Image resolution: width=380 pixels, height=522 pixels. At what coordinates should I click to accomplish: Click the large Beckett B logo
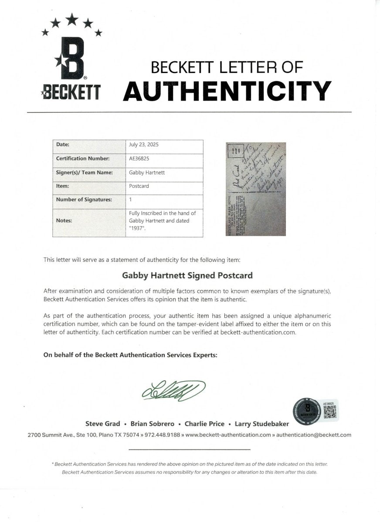[x=72, y=58]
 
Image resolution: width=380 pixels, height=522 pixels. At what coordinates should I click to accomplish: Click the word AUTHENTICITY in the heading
[x=227, y=90]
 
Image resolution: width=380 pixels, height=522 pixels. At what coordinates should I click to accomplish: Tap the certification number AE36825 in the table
[x=139, y=159]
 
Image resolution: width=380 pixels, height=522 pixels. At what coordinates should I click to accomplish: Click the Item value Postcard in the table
[x=139, y=186]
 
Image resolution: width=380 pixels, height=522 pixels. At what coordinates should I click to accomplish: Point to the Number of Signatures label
[x=84, y=200]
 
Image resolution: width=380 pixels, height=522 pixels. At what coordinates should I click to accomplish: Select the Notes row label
[x=64, y=221]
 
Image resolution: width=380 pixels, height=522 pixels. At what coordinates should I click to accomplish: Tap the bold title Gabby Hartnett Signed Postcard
[x=187, y=275]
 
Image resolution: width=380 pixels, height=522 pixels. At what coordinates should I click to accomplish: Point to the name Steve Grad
[x=102, y=424]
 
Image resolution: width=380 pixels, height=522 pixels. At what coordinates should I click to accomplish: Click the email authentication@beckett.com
[x=314, y=435]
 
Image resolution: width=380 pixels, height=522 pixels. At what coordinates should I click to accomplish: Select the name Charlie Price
[x=204, y=424]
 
